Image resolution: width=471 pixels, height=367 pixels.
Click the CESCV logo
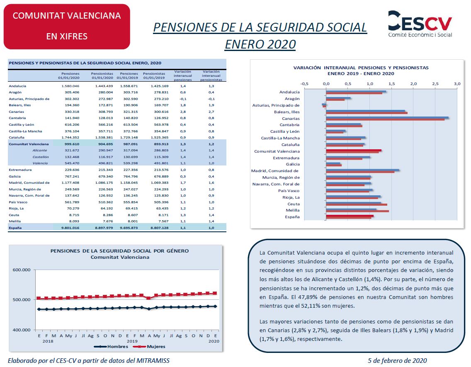pyautogui.click(x=420, y=24)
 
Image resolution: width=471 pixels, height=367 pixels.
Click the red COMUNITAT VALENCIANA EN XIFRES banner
pyautogui.click(x=67, y=27)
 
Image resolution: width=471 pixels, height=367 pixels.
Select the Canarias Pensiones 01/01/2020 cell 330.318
pyautogui.click(x=72, y=112)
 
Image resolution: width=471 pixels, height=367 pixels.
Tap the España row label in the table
pyautogui.click(x=15, y=228)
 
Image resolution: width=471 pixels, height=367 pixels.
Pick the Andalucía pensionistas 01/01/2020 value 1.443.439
pyautogui.click(x=104, y=86)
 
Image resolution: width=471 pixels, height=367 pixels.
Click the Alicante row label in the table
pyautogui.click(x=40, y=150)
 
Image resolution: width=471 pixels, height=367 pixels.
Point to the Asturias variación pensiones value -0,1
pyautogui.click(x=183, y=99)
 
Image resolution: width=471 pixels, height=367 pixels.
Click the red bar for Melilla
pyautogui.click(x=357, y=211)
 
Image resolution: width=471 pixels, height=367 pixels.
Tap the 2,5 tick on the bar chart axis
pyautogui.click(x=435, y=84)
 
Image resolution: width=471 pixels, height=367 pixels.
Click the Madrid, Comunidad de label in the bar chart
pyautogui.click(x=275, y=171)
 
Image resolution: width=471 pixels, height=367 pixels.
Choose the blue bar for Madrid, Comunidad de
pyautogui.click(x=362, y=170)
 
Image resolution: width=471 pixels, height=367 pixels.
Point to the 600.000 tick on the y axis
pyautogui.click(x=22, y=270)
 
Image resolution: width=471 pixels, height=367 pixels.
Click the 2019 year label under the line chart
pyautogui.click(x=132, y=341)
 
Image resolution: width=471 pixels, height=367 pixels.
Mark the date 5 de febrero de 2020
pyautogui.click(x=397, y=360)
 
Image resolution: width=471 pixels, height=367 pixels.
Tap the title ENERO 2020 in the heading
pyautogui.click(x=260, y=44)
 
